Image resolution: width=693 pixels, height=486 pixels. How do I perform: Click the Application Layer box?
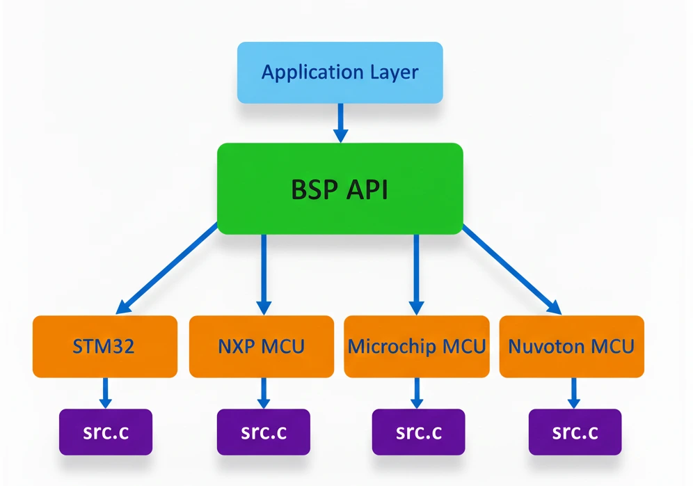pos(340,72)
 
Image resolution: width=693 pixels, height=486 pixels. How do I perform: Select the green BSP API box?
pos(340,189)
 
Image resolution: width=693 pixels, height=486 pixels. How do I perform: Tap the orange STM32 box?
pos(104,346)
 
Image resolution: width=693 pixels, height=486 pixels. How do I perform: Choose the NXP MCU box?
pos(262,346)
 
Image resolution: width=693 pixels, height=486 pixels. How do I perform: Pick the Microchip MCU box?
pos(417,346)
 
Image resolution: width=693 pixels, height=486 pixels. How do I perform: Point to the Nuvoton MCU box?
pos(571,346)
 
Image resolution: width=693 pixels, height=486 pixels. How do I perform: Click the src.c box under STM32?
pos(105,432)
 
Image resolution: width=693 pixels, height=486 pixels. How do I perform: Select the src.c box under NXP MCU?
pos(263,432)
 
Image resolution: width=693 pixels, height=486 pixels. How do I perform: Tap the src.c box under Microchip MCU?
pos(418,432)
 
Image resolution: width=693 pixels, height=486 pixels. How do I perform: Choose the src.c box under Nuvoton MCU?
pos(575,432)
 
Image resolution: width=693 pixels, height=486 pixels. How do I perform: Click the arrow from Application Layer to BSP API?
pos(340,123)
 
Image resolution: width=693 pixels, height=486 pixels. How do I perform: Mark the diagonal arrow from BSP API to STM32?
pos(169,268)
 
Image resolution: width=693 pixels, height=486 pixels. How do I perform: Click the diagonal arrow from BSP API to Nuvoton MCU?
pos(511,268)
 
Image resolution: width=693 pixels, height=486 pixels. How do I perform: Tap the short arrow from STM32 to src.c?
pos(105,393)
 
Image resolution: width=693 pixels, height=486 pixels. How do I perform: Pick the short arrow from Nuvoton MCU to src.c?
pos(574,393)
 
